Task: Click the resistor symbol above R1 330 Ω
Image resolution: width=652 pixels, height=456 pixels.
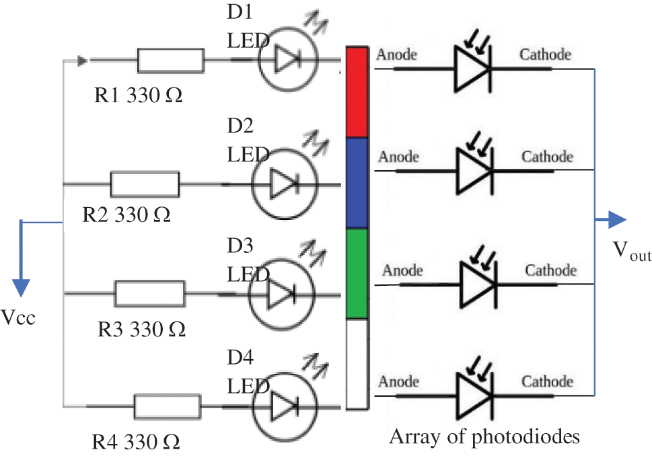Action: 171,60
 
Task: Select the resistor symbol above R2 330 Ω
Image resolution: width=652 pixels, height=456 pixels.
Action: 145,183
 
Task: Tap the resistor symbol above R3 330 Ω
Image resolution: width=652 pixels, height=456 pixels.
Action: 149,293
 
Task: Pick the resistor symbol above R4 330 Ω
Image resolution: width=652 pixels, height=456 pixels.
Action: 167,407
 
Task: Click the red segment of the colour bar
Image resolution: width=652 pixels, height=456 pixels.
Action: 356,92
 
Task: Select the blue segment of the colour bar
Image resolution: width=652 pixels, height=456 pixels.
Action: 356,183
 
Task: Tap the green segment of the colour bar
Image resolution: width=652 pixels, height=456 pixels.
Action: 356,273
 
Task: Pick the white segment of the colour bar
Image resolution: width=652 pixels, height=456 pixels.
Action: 356,363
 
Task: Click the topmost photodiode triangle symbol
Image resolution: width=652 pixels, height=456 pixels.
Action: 474,68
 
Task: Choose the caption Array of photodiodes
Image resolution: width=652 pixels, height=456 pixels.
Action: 484,437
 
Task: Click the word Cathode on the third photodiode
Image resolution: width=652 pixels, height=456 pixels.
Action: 550,270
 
